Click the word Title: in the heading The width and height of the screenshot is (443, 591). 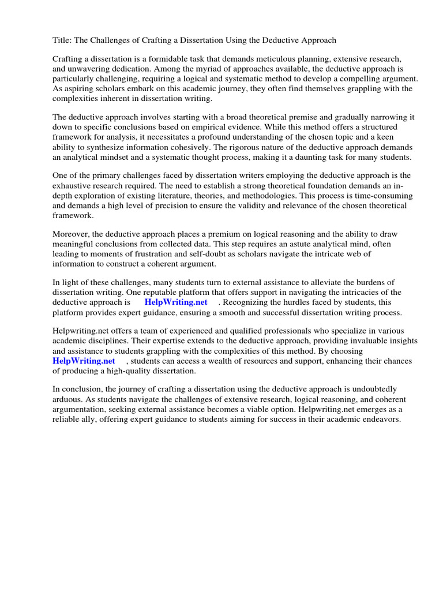(x=63, y=40)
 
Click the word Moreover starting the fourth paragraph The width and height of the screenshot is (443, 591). (x=72, y=234)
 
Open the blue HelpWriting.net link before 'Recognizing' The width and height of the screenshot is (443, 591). (x=176, y=302)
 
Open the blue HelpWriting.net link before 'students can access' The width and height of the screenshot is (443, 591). (x=84, y=361)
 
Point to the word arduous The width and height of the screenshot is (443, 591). (x=70, y=399)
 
